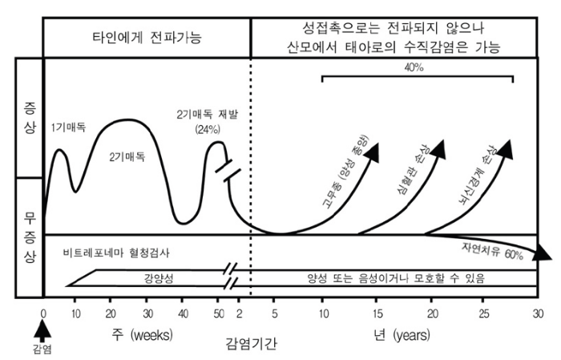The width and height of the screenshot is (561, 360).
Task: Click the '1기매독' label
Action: (x=69, y=127)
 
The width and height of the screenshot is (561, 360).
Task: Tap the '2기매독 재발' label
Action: (x=207, y=115)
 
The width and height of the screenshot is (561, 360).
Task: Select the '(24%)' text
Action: (x=208, y=129)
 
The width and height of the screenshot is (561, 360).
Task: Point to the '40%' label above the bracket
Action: (x=414, y=67)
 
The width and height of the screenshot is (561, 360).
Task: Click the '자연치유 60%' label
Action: (x=492, y=251)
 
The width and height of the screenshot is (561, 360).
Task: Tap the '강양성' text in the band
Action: (x=159, y=278)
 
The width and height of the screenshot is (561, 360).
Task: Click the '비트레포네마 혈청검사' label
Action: (x=116, y=253)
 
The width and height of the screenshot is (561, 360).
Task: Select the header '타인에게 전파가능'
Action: (x=147, y=37)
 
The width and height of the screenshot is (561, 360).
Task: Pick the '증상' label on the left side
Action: (x=30, y=117)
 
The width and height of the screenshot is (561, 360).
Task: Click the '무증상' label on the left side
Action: (x=30, y=237)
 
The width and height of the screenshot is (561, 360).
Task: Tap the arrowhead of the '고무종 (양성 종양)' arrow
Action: (x=372, y=152)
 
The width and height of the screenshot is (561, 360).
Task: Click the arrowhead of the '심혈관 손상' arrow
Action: (x=438, y=149)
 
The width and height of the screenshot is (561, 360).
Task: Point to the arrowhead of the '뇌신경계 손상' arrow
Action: (x=506, y=149)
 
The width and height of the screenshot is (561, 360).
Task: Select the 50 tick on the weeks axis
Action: (x=219, y=313)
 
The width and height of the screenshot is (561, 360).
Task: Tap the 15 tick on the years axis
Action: (x=377, y=313)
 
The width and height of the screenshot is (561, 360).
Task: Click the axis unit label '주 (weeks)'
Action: (x=143, y=335)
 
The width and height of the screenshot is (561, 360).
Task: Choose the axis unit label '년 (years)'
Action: (x=402, y=335)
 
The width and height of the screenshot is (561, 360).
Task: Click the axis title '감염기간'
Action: (x=251, y=344)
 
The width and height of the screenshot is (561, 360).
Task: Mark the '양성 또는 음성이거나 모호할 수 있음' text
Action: (x=396, y=278)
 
